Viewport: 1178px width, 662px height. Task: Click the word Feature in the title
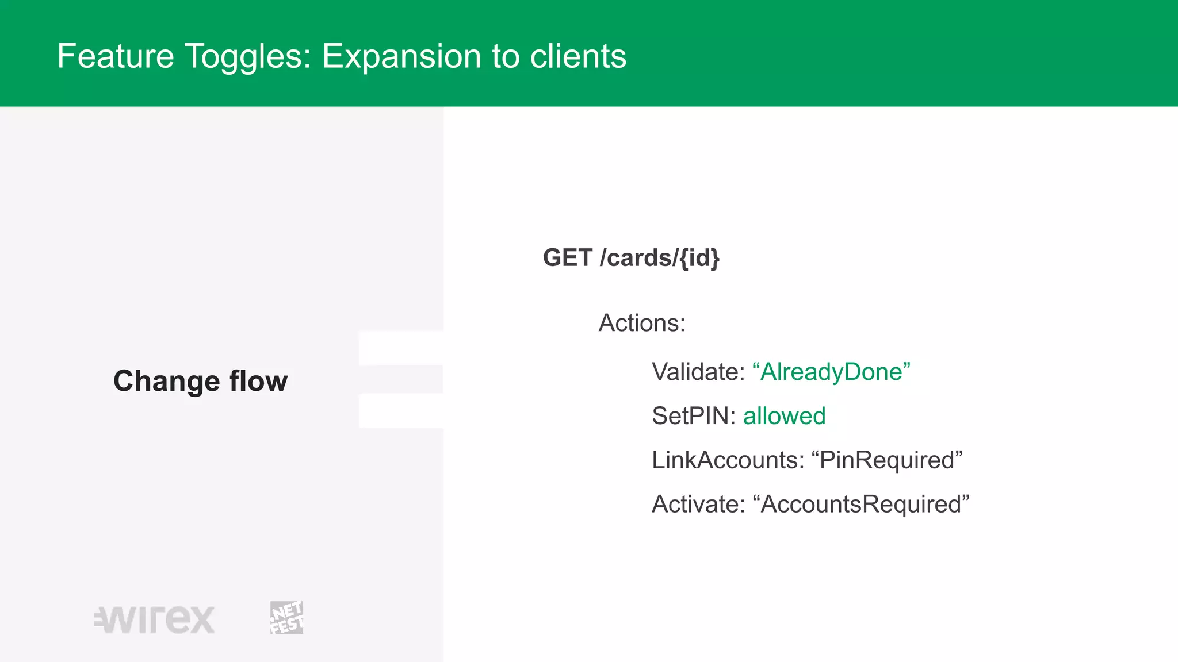[x=115, y=56]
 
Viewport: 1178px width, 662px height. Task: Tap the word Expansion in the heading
[x=401, y=56]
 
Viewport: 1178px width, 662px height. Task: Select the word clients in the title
[x=577, y=56]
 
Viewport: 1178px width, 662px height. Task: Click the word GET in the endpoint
[x=567, y=257]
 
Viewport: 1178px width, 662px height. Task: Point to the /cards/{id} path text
[x=659, y=257]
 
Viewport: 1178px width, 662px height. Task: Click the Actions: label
[x=642, y=323]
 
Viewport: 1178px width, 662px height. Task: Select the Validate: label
[x=698, y=372]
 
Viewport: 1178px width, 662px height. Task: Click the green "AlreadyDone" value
[x=831, y=372]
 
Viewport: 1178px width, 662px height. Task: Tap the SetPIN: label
[x=693, y=416]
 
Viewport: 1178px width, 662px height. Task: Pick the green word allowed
[x=784, y=416]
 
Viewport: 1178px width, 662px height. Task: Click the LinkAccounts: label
[x=728, y=460]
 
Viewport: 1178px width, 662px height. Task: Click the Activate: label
[x=698, y=505]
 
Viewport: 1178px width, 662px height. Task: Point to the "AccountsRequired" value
[x=861, y=505]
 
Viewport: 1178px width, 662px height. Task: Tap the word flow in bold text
[x=258, y=381]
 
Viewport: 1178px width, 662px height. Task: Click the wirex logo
[x=155, y=619]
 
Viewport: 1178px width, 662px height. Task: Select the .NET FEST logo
[x=286, y=618]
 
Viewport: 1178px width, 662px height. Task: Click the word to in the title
[x=505, y=56]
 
